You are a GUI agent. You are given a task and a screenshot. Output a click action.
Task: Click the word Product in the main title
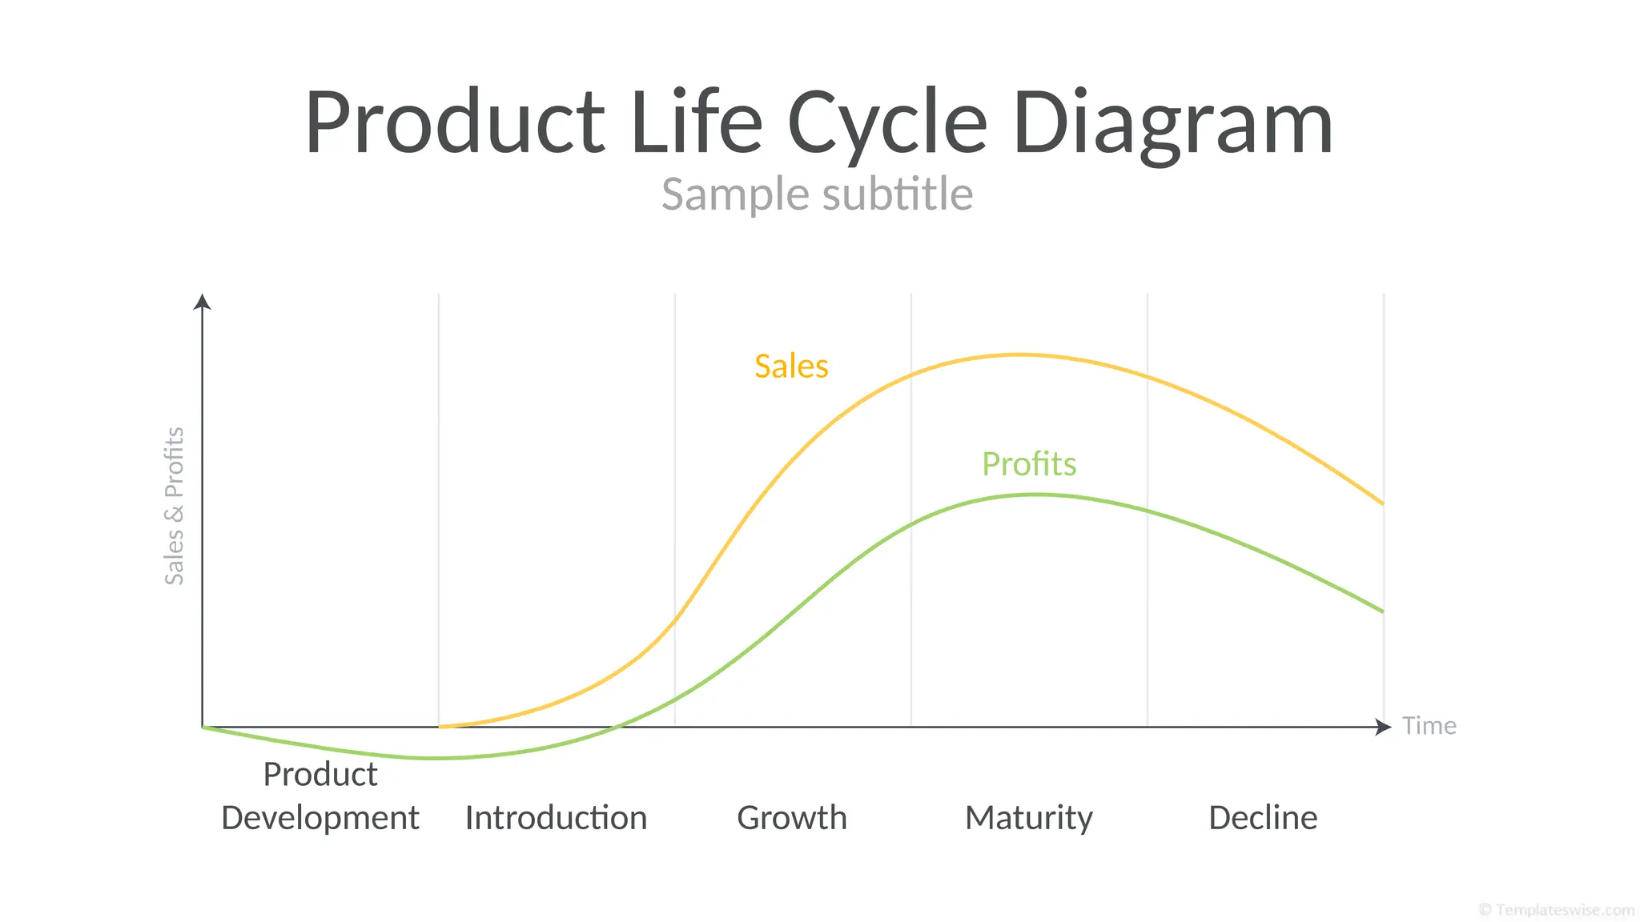[454, 122]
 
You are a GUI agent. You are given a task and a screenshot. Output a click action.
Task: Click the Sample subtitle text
[817, 194]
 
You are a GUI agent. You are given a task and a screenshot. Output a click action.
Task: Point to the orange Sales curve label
[791, 367]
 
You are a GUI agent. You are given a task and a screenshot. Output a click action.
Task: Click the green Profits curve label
[1029, 464]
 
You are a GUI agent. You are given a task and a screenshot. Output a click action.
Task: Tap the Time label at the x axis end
[1429, 726]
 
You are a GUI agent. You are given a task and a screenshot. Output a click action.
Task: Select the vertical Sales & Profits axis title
[175, 506]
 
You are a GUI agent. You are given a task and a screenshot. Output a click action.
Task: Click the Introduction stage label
[556, 818]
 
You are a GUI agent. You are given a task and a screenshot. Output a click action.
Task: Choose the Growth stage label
[791, 818]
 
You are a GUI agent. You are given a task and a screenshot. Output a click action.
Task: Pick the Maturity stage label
[1028, 818]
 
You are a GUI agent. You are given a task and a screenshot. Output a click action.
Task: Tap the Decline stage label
[1262, 818]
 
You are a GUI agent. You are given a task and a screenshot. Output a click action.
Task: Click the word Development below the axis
[320, 818]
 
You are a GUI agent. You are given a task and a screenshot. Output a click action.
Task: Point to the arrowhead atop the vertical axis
[203, 301]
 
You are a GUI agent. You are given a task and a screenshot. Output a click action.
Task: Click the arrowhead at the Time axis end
[1383, 727]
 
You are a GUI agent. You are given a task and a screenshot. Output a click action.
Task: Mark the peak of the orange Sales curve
[1020, 355]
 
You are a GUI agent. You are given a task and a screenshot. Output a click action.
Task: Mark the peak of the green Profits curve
[1036, 495]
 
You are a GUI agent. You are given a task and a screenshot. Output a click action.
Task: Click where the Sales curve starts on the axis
[440, 727]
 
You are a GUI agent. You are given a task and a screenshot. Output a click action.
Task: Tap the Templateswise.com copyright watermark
[1556, 910]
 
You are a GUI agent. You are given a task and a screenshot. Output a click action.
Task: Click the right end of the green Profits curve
[1381, 611]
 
